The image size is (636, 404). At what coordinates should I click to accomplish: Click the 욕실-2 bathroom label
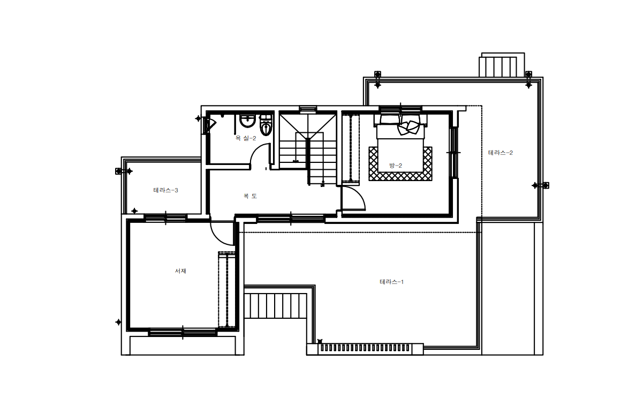tap(246, 138)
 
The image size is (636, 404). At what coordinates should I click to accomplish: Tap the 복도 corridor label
tap(250, 196)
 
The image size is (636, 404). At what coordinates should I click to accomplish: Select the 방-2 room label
tap(396, 166)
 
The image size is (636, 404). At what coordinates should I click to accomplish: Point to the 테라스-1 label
tap(391, 282)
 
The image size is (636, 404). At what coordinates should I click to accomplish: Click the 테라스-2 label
tap(501, 153)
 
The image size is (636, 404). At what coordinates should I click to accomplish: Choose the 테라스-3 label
tap(165, 190)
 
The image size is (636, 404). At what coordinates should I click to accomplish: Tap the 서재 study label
tap(180, 271)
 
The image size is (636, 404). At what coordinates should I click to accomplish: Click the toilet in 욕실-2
tap(266, 125)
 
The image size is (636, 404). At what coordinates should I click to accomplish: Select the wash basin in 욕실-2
tap(247, 121)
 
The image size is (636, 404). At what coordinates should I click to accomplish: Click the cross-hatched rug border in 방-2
tap(400, 176)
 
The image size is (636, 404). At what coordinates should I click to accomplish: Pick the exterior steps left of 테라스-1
tap(275, 306)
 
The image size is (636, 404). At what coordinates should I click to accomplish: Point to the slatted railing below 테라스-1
tap(365, 348)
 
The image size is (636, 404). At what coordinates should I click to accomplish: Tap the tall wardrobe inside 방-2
tap(351, 148)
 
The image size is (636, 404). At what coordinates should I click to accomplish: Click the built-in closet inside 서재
tap(227, 289)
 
